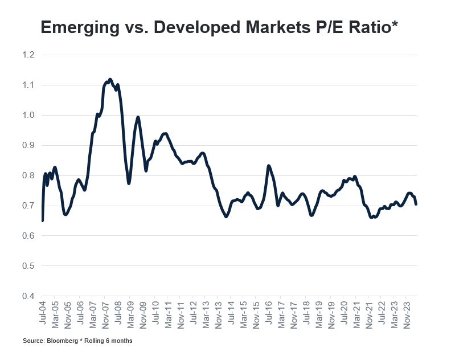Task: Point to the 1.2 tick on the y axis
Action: pos(28,55)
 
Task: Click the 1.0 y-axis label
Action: pos(28,115)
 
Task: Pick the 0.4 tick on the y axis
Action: pos(28,296)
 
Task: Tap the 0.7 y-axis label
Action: pos(28,206)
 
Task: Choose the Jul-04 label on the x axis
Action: pos(43,311)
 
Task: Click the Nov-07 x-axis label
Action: pos(105,311)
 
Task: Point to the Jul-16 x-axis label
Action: pos(268,311)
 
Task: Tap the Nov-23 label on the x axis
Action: pos(406,311)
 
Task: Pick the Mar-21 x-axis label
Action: pos(356,311)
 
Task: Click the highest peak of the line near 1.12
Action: pos(110,80)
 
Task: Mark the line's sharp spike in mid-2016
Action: pos(268,166)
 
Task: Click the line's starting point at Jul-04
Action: pos(43,220)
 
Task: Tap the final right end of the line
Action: pos(416,204)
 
